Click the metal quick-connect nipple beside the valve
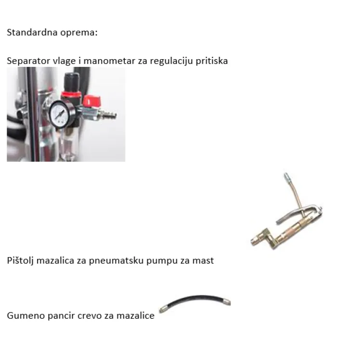click(x=111, y=116)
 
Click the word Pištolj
click(x=21, y=260)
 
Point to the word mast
click(x=203, y=260)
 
